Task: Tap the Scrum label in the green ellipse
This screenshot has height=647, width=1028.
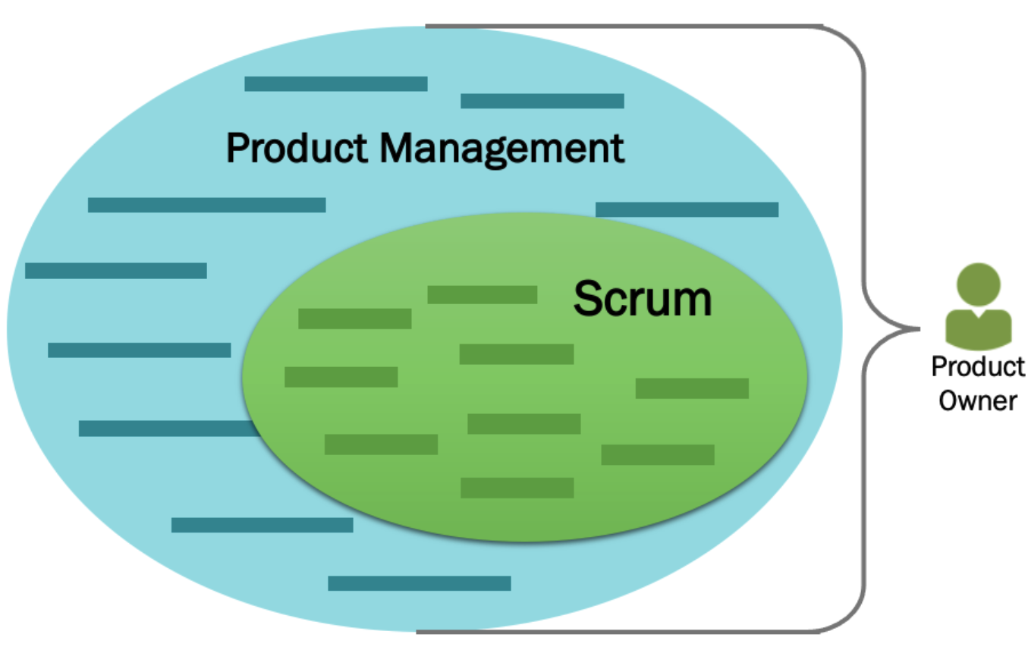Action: pyautogui.click(x=642, y=298)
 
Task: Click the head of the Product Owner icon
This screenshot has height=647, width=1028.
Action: pyautogui.click(x=978, y=284)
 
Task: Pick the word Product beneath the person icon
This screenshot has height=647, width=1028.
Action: pyautogui.click(x=978, y=366)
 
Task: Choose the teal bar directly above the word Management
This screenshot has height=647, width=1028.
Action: pyautogui.click(x=542, y=101)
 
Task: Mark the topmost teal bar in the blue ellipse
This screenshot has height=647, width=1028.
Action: pyautogui.click(x=335, y=83)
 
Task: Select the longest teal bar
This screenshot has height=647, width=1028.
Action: pyautogui.click(x=206, y=205)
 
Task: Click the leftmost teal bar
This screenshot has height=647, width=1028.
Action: pyautogui.click(x=115, y=271)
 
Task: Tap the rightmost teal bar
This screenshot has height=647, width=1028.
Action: pyautogui.click(x=687, y=209)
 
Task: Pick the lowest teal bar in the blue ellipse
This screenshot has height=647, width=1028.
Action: pyautogui.click(x=419, y=583)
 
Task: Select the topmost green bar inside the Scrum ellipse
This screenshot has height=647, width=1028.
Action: pyautogui.click(x=482, y=294)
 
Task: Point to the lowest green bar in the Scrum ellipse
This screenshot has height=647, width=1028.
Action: pyautogui.click(x=517, y=488)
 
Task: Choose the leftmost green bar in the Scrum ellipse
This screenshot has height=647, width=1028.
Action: pyautogui.click(x=341, y=377)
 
